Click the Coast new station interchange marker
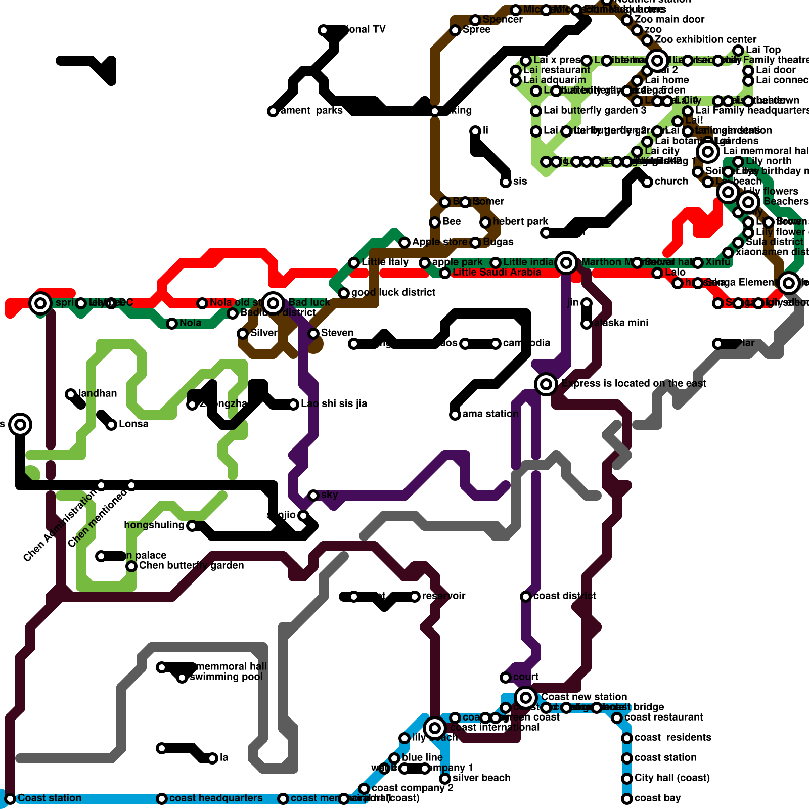(x=526, y=698)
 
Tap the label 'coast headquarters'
(x=216, y=798)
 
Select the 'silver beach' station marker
(x=445, y=779)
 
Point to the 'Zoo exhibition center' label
(x=705, y=40)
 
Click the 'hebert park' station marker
(x=485, y=222)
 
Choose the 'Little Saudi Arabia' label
(x=497, y=273)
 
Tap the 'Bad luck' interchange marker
(x=273, y=303)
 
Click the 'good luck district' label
(x=393, y=293)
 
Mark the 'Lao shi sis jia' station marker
(x=293, y=404)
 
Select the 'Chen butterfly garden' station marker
(x=131, y=566)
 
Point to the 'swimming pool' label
(x=226, y=677)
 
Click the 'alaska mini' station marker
(x=587, y=324)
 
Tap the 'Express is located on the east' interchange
(x=546, y=384)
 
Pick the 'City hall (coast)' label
(x=672, y=778)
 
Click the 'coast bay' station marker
(x=627, y=799)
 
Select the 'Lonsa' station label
(x=133, y=424)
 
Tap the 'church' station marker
(x=647, y=182)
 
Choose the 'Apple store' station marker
(x=404, y=243)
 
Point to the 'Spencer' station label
(x=503, y=20)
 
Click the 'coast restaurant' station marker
(x=617, y=718)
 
